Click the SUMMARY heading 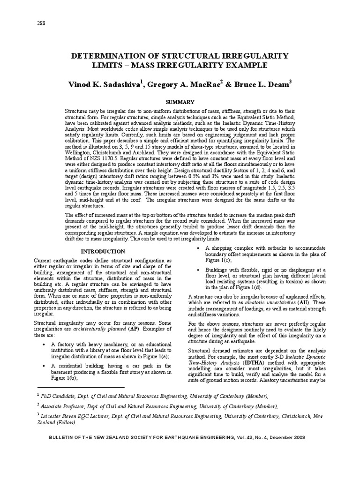tap(180, 102)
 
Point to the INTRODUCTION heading tap(104, 251)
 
